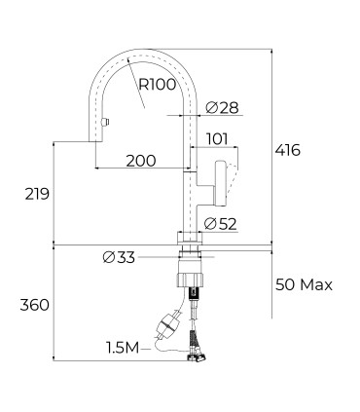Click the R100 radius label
158,85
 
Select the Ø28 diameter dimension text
223,107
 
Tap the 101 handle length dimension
217,139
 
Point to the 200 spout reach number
141,161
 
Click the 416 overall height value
288,150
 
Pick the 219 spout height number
37,194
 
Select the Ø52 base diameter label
221,224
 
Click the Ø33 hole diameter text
119,258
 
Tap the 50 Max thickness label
304,285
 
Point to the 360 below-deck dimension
35,305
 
